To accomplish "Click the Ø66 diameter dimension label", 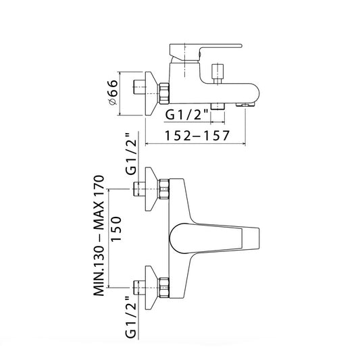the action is click(x=113, y=93).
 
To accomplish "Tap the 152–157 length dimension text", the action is click(x=197, y=136).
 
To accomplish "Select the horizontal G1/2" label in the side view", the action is click(x=187, y=114).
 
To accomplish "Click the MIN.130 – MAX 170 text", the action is click(x=99, y=236).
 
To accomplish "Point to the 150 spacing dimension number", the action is click(x=116, y=229).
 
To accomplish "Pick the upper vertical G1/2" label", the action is click(x=131, y=154).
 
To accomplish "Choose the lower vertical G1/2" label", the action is click(x=131, y=317).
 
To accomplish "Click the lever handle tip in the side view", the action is click(x=240, y=45).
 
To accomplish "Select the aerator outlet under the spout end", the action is click(x=245, y=105).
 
